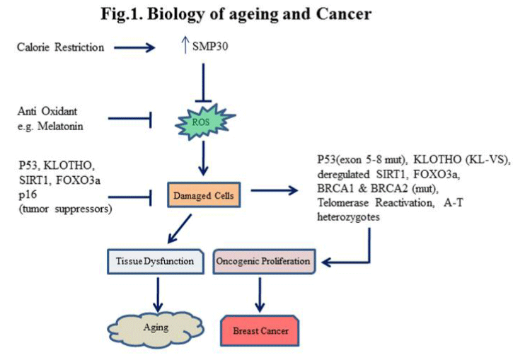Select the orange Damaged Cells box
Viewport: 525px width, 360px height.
[x=204, y=194]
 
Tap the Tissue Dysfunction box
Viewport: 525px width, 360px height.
[x=156, y=261]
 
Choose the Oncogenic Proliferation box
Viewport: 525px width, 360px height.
[x=264, y=261]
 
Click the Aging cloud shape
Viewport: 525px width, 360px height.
[x=156, y=330]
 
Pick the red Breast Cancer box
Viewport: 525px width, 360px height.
[x=260, y=330]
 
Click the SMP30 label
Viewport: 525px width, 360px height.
[x=210, y=46]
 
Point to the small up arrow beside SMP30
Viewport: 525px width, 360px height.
[x=185, y=45]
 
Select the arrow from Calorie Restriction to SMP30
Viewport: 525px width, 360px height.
[x=134, y=47]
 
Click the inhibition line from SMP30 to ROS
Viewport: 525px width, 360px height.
[x=203, y=82]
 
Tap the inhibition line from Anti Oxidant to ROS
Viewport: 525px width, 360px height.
[x=130, y=119]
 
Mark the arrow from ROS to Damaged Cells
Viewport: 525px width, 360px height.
[x=203, y=158]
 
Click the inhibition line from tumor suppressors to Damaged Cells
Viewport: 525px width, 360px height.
[x=130, y=197]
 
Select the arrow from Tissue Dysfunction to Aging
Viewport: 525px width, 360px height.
[x=157, y=294]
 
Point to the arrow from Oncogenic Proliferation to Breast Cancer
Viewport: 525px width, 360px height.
[x=260, y=294]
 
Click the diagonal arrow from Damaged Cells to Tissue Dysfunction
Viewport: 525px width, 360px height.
[x=179, y=229]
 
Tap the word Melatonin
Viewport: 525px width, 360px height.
[x=60, y=126]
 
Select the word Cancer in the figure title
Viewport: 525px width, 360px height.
[x=344, y=13]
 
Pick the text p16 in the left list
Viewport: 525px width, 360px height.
[x=28, y=195]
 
